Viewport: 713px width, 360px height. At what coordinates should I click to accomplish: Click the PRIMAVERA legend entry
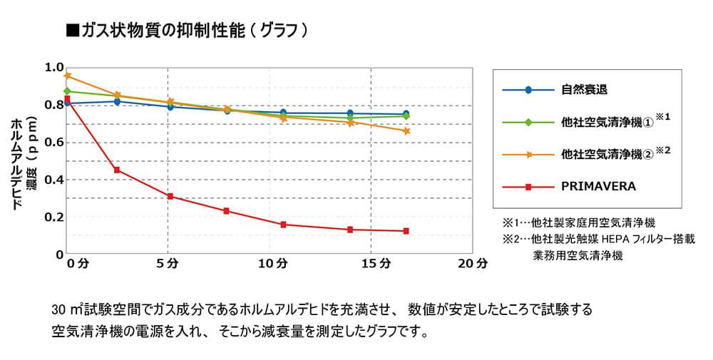(597, 186)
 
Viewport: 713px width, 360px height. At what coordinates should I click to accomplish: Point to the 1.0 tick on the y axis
(54, 68)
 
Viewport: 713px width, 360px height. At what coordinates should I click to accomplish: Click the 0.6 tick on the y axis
(54, 143)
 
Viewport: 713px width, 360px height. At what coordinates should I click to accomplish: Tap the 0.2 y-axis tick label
(54, 217)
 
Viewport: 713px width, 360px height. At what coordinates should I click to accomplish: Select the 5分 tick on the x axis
(168, 264)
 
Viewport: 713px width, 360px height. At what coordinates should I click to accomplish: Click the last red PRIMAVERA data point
(406, 231)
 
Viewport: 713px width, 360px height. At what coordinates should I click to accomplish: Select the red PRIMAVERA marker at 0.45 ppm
(117, 170)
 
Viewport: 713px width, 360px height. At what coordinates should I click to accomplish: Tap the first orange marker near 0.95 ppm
(67, 76)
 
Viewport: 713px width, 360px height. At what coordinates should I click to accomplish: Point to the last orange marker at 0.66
(406, 131)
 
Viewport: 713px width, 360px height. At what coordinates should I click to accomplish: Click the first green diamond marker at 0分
(67, 91)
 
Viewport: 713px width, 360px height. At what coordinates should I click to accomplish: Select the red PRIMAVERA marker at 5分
(170, 196)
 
